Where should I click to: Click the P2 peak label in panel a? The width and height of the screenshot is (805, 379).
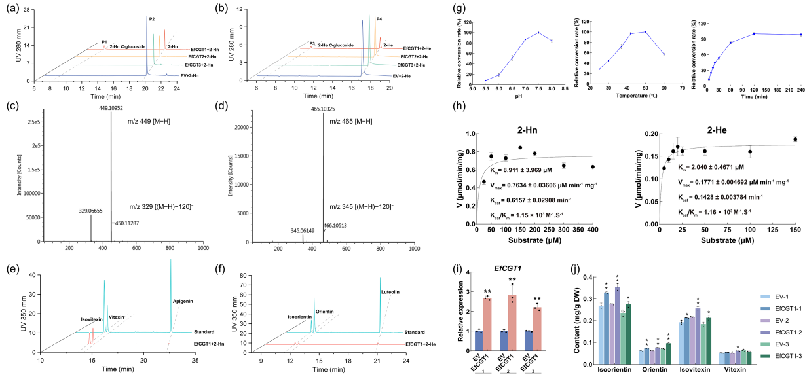pos(152,19)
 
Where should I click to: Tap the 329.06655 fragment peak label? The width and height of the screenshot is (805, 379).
pos(91,211)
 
